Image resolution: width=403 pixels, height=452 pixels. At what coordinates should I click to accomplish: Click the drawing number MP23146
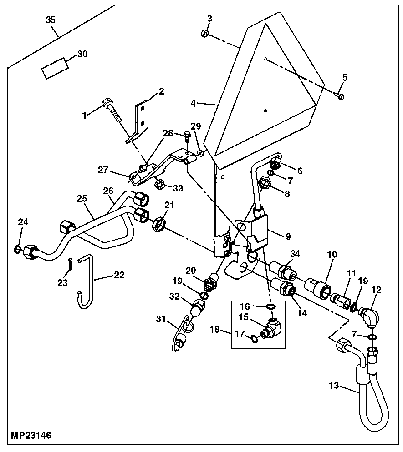pos(28,436)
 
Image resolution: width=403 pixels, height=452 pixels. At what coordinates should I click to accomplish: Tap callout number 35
pos(51,20)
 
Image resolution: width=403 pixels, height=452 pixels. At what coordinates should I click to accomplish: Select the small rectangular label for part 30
pos(55,69)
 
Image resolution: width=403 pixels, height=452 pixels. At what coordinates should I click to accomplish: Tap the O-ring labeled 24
pos(17,248)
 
